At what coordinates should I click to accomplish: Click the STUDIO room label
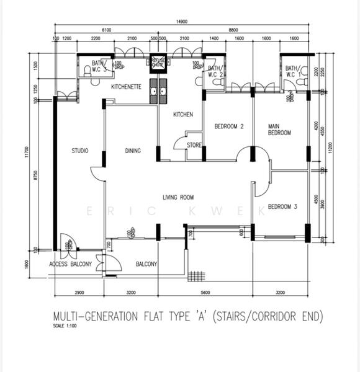click(79, 151)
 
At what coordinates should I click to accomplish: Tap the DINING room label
click(132, 151)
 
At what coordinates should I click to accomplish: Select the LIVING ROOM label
click(179, 198)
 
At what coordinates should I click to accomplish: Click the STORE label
click(194, 146)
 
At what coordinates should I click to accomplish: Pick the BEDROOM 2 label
click(229, 126)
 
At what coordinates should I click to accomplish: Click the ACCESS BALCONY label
click(71, 265)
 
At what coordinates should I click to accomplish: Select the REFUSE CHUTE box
click(159, 62)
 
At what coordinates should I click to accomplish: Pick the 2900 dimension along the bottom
click(79, 290)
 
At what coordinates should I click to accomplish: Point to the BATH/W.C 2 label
click(215, 71)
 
